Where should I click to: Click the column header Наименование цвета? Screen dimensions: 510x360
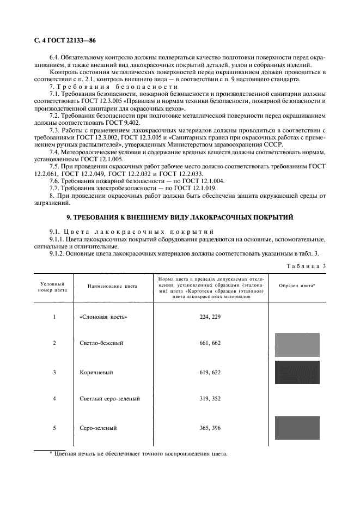point(112,285)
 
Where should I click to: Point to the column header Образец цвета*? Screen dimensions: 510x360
point(297,285)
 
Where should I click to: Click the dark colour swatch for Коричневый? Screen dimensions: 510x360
point(297,373)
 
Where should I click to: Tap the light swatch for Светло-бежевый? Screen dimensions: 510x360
point(297,344)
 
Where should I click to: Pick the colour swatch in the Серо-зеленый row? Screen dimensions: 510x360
point(297,428)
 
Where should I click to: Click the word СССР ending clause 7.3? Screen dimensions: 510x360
point(274,144)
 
